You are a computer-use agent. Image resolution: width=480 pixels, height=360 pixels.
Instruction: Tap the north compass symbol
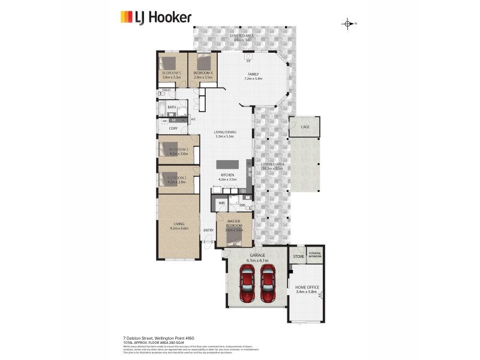point(348,24)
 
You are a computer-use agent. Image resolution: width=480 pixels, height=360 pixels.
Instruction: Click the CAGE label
point(305,127)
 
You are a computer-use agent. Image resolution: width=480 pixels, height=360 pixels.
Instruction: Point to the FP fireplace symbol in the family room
point(247,61)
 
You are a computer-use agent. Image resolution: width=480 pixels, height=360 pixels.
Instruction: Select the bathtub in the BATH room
point(163,109)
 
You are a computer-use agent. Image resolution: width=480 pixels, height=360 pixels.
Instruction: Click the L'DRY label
point(173,129)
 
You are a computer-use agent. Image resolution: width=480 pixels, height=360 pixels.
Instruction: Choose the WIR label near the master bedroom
point(221,203)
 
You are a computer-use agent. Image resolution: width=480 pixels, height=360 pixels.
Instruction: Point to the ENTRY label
point(208,230)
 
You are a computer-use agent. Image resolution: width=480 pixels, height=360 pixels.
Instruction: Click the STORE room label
point(298,256)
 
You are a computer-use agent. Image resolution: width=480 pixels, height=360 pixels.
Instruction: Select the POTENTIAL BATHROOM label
point(314,255)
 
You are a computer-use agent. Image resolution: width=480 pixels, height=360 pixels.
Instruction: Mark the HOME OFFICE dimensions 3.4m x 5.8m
point(305,292)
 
